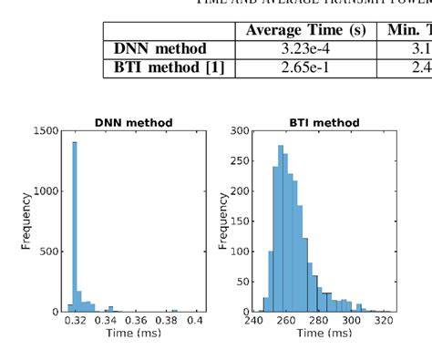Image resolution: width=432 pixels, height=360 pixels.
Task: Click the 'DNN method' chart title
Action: (x=134, y=122)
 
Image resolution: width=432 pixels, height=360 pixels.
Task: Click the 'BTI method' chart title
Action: (x=324, y=122)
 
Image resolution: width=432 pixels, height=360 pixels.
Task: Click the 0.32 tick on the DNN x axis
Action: (x=77, y=321)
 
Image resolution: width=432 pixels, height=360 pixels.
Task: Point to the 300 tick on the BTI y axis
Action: (x=240, y=131)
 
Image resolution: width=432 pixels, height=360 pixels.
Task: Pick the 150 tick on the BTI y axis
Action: (x=240, y=221)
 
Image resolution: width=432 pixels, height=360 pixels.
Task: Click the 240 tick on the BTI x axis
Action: (x=254, y=321)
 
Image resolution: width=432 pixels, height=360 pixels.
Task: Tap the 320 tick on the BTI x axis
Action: (x=383, y=321)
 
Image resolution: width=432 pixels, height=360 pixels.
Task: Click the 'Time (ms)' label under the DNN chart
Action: (x=134, y=335)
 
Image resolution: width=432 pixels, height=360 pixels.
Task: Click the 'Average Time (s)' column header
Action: (x=305, y=30)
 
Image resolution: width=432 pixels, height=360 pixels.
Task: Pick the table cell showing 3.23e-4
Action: (x=305, y=48)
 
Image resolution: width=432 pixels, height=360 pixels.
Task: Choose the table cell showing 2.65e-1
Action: (x=305, y=67)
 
